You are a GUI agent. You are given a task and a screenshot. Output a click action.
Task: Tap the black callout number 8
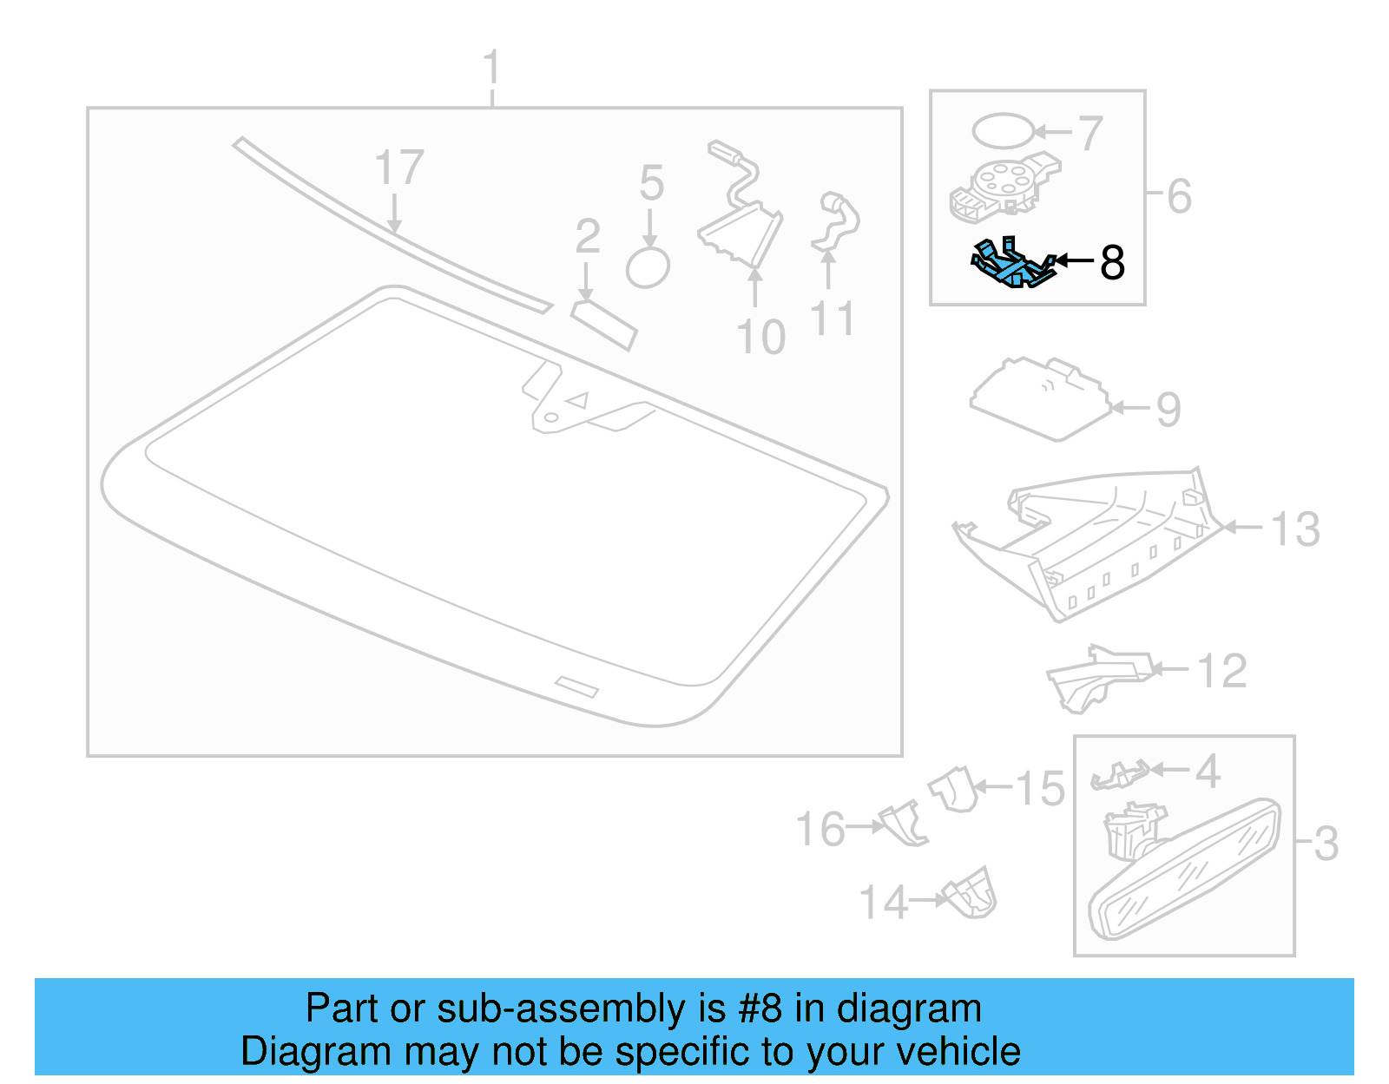click(1112, 262)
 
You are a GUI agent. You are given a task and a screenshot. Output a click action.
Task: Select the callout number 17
click(399, 168)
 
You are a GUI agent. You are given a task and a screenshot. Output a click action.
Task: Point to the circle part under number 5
click(648, 267)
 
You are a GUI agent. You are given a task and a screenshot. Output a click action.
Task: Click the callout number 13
click(1295, 529)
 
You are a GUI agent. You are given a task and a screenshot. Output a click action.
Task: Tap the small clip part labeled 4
click(1120, 774)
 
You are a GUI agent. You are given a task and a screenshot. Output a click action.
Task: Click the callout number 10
click(760, 337)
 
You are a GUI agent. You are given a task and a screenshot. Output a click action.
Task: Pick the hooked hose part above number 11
click(835, 221)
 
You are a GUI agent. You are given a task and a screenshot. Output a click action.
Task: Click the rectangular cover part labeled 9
click(1040, 398)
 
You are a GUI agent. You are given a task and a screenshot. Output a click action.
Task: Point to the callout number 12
click(1221, 671)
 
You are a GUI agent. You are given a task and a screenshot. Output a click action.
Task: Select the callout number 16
click(820, 829)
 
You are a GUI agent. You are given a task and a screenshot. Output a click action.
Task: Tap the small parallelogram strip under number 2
click(604, 325)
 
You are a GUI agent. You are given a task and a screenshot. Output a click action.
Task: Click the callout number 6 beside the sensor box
click(1179, 196)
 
